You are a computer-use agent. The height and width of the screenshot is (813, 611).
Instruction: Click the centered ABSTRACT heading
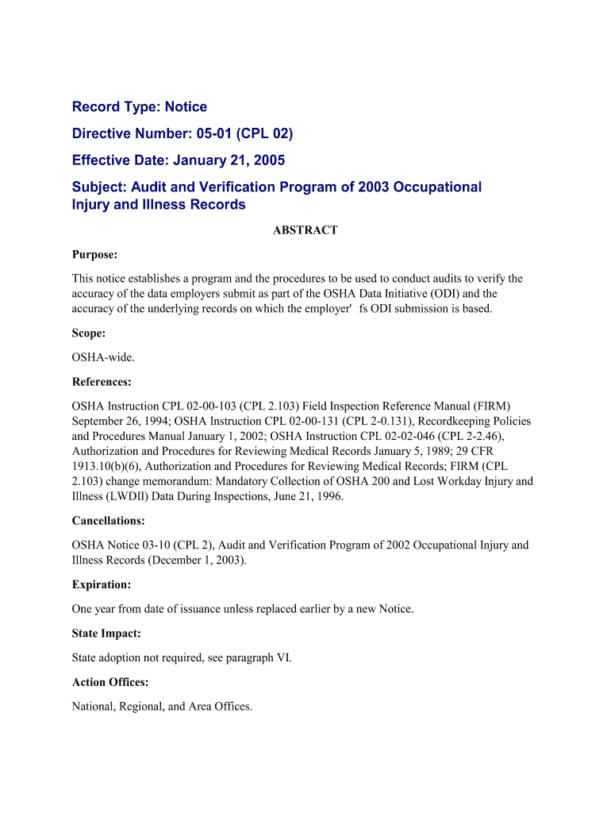pos(305,230)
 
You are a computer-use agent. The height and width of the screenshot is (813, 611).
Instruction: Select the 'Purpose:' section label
pos(94,255)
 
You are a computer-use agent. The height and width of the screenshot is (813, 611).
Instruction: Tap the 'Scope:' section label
pos(88,334)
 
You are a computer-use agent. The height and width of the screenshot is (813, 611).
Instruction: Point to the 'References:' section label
pos(102,382)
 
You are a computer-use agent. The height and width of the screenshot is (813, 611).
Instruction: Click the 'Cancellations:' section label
pos(108,522)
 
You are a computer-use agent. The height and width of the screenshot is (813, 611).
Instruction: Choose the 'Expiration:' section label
pos(102,584)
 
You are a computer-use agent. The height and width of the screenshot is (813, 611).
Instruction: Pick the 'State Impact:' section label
pos(106,634)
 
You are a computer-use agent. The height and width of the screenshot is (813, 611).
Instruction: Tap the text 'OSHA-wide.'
pos(98,357)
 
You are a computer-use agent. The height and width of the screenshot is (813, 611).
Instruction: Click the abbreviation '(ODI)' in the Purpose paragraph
pos(434,294)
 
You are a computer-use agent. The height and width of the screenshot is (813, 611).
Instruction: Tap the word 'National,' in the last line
pos(94,706)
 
